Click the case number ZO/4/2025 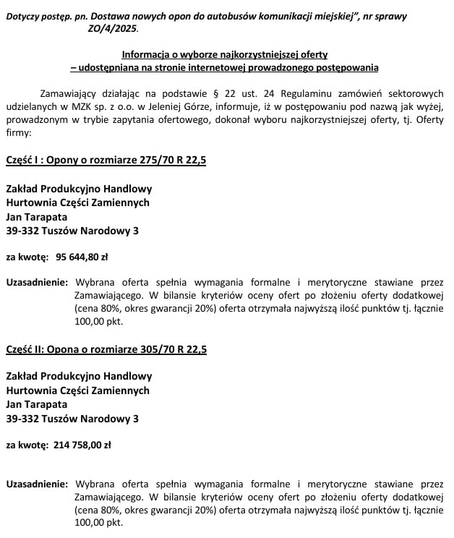(x=111, y=28)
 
